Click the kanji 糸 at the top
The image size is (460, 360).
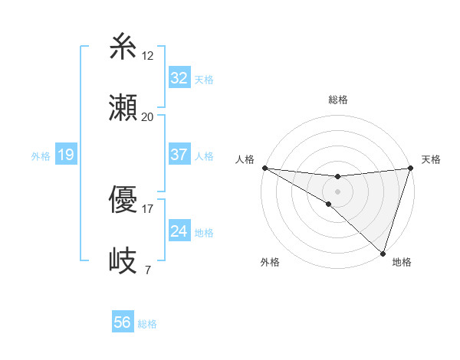click(123, 47)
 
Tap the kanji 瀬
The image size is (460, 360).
click(123, 108)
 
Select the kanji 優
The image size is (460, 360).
click(123, 201)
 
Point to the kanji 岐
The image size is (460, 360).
click(123, 261)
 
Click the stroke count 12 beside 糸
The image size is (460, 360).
click(148, 56)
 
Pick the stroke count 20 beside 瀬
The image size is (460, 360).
click(148, 116)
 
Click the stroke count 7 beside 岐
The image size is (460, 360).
click(147, 270)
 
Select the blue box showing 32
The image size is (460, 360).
click(179, 78)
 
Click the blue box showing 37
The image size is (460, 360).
click(179, 155)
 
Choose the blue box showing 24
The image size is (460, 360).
click(179, 231)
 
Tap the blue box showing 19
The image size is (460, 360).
click(65, 155)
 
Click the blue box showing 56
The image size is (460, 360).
click(122, 322)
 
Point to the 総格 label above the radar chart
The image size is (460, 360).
click(338, 100)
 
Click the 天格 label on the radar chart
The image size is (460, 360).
click(432, 159)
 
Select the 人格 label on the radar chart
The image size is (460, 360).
click(245, 159)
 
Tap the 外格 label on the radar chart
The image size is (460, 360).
click(270, 262)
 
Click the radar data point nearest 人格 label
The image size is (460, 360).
click(264, 168)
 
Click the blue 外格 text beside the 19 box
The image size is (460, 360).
click(41, 156)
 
